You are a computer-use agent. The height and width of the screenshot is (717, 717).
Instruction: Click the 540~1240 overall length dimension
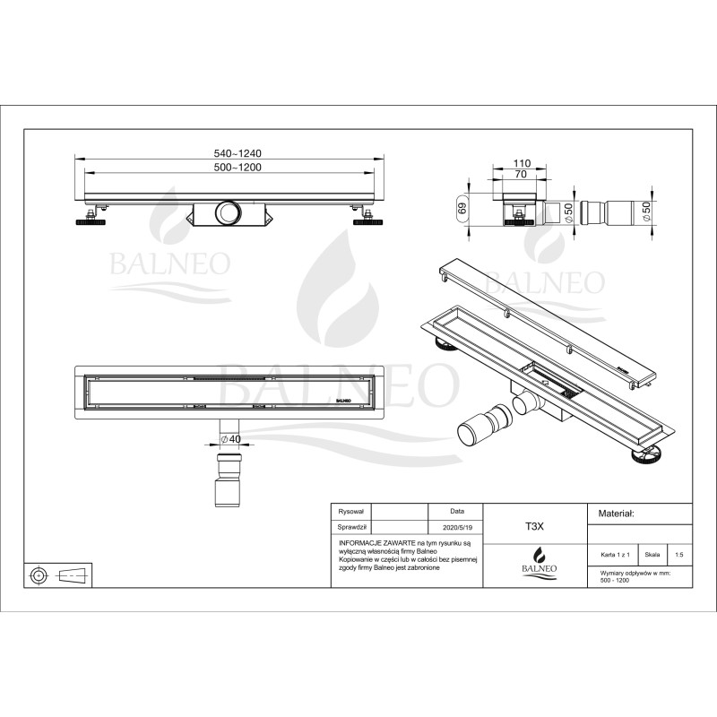[230, 153]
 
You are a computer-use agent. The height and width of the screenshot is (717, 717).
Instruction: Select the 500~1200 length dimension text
[230, 168]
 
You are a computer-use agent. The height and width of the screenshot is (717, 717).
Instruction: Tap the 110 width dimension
[522, 163]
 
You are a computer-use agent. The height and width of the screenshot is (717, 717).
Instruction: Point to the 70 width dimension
[522, 176]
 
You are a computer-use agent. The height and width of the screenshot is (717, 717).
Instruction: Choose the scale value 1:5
[678, 555]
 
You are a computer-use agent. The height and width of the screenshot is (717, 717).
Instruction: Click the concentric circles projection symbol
[39, 574]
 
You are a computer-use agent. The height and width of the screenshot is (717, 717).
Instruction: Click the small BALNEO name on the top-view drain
[342, 401]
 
